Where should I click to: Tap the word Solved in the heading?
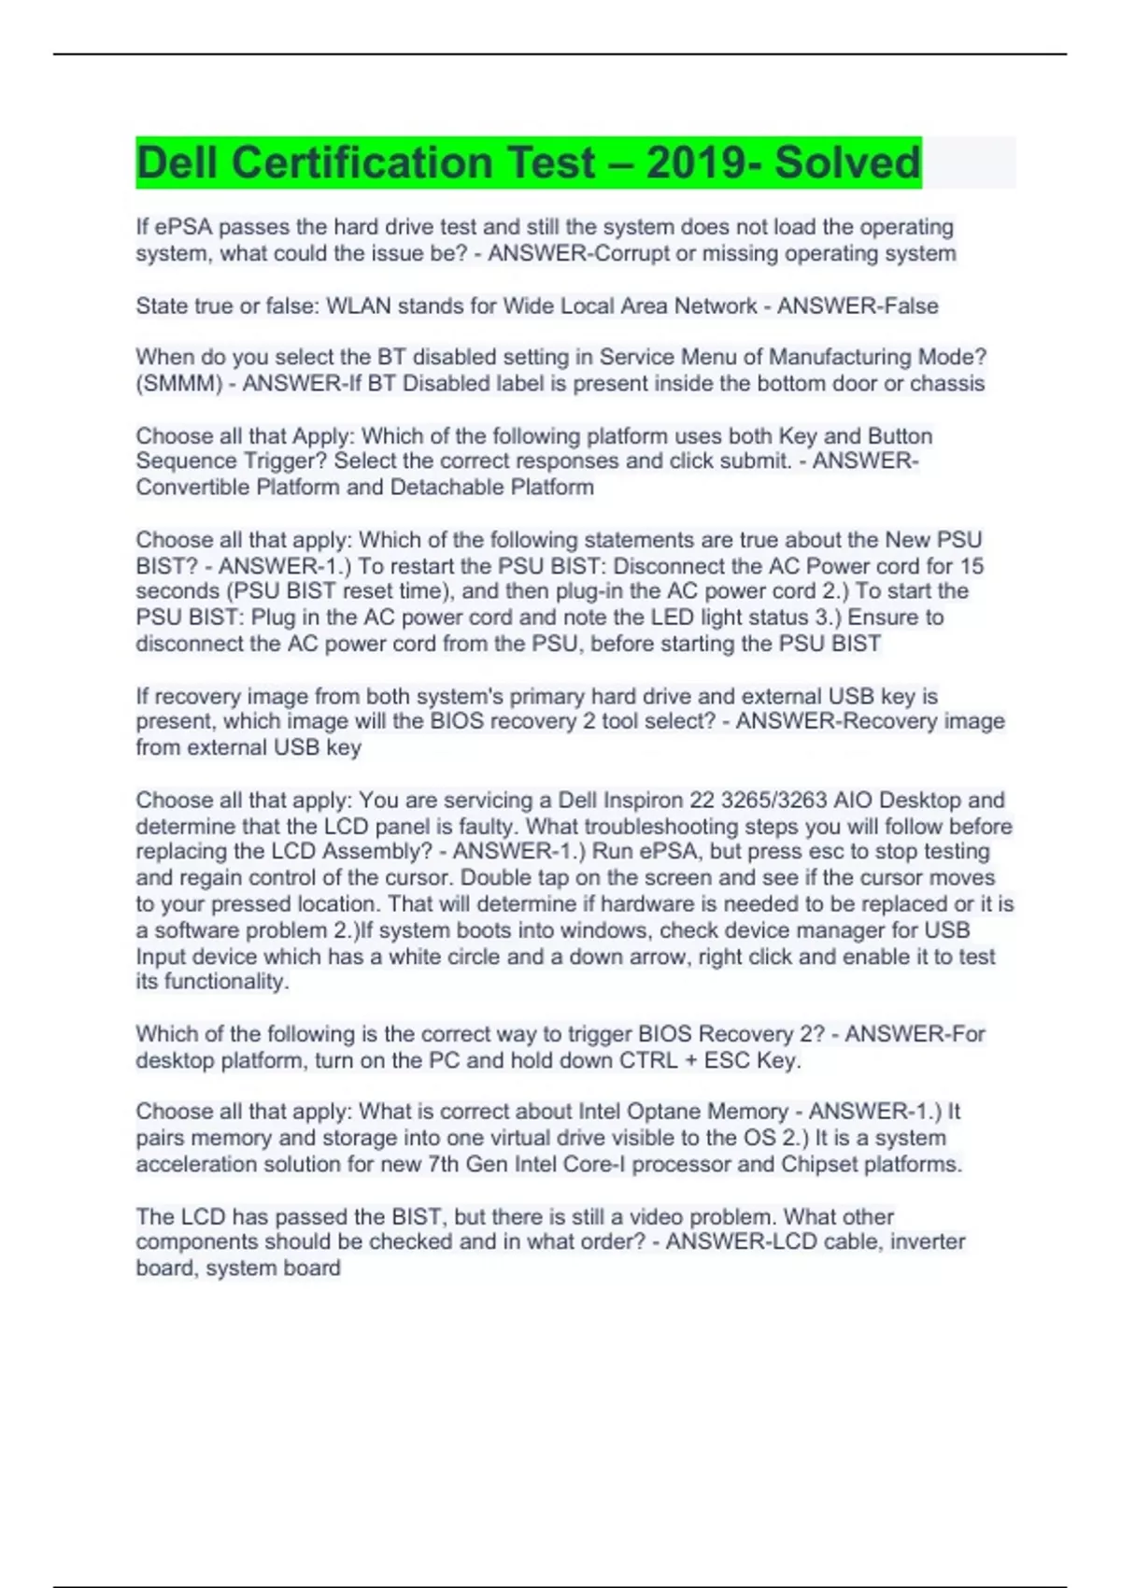847,163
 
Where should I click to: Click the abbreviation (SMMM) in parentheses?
178,383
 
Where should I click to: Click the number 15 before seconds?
972,566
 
